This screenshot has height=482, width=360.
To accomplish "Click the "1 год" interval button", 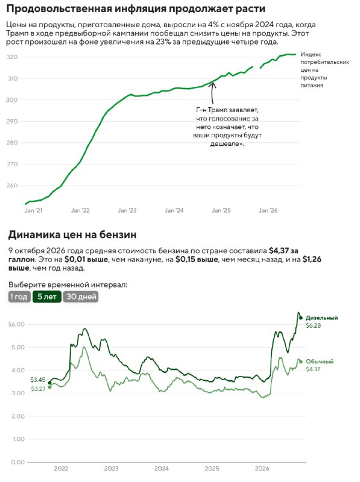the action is (x=19, y=296).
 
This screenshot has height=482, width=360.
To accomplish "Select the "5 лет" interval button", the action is (x=47, y=296).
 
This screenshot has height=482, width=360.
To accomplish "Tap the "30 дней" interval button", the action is (x=81, y=296).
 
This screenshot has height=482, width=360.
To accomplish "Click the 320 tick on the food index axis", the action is (x=12, y=57).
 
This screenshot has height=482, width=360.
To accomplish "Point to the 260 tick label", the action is (x=12, y=186).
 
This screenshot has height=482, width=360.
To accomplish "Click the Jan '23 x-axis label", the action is (x=127, y=210).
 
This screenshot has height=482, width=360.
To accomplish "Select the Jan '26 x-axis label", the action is (x=268, y=210).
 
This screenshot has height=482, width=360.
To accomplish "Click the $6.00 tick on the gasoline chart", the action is (x=16, y=324).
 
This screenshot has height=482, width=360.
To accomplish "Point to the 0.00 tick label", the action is (x=18, y=462).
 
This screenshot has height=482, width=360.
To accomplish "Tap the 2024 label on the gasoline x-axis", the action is (x=162, y=469).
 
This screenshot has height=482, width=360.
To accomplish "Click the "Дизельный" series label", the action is (x=321, y=318).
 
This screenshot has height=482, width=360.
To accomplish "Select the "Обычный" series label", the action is (x=320, y=361).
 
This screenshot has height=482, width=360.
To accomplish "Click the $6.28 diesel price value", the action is (x=313, y=325).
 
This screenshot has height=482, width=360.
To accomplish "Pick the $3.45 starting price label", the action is (x=38, y=380).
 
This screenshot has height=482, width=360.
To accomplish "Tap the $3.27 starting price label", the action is (x=38, y=389).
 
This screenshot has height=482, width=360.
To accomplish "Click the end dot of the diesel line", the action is (x=301, y=318).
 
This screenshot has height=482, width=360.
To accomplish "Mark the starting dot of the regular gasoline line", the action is (x=50, y=387).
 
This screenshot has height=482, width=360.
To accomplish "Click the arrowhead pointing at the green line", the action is (x=212, y=84).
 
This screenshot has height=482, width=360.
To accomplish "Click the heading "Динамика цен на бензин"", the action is (x=72, y=235).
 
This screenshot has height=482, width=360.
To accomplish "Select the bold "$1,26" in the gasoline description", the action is (x=312, y=260).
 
